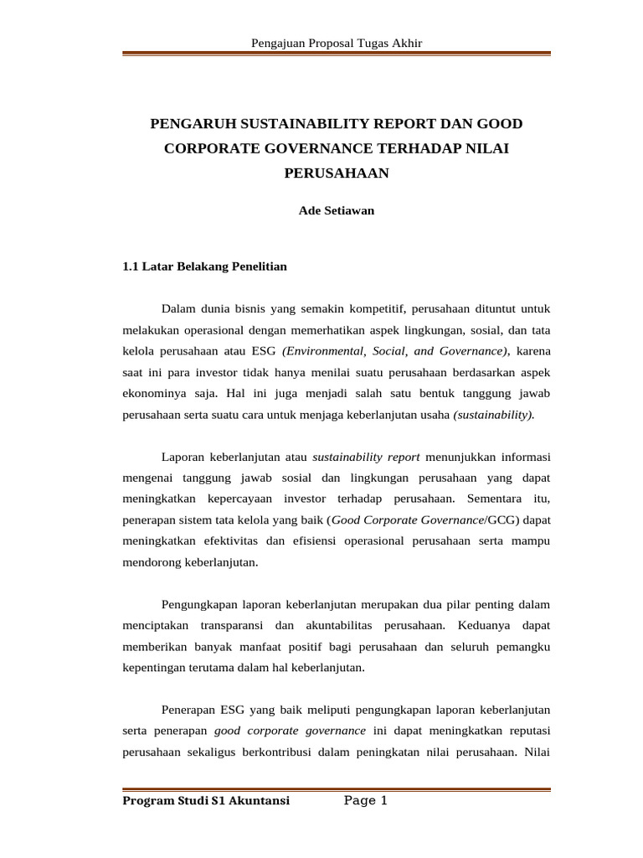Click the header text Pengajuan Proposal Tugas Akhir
(x=337, y=43)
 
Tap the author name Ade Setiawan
(x=337, y=211)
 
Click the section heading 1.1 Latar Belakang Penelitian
(x=204, y=266)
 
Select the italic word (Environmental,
(x=324, y=350)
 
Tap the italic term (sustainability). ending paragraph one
(x=494, y=413)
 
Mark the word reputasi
(x=525, y=731)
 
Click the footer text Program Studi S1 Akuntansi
(x=206, y=802)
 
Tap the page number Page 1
(x=366, y=802)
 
